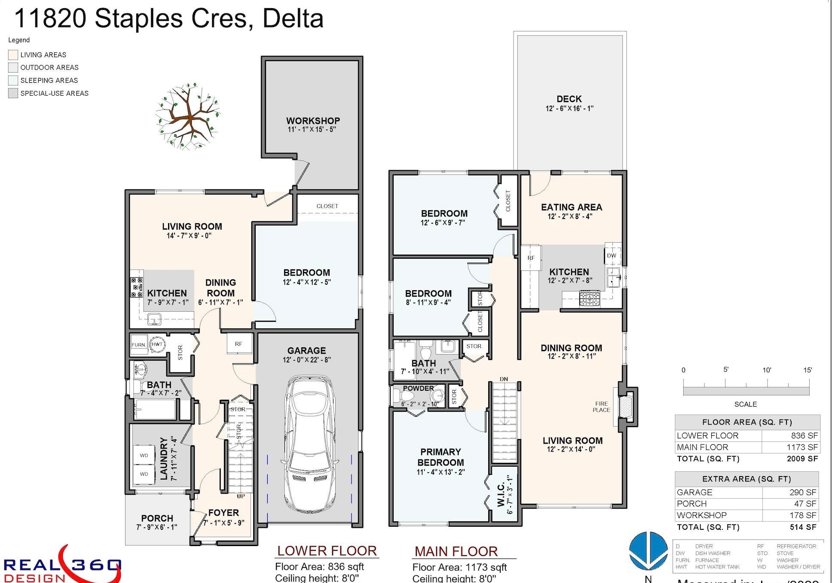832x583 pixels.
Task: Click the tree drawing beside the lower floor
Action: [188, 117]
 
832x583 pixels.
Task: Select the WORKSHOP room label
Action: [313, 121]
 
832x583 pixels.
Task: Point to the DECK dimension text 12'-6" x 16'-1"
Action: [569, 109]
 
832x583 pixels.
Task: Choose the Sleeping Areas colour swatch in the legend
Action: [13, 80]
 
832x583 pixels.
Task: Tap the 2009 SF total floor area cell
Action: [802, 459]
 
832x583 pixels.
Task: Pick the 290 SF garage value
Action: [802, 492]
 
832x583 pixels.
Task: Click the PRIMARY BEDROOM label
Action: [440, 457]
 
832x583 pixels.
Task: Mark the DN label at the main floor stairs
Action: [504, 379]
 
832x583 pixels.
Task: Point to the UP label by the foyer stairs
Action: [241, 496]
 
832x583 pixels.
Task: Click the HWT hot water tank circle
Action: [157, 344]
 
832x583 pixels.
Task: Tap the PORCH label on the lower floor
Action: [157, 518]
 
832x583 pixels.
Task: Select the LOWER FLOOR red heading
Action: [327, 551]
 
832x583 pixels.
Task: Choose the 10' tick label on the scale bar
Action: [767, 370]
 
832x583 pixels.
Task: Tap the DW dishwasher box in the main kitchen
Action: [612, 256]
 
